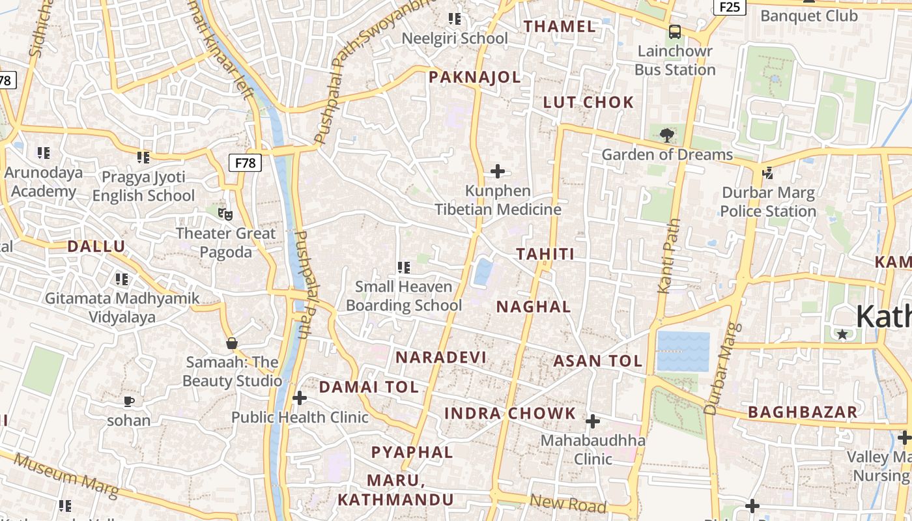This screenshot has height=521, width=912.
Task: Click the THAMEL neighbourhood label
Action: click(x=560, y=27)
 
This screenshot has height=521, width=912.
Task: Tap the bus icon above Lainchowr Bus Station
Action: click(x=675, y=31)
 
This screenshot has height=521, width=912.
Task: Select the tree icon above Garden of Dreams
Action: click(x=666, y=135)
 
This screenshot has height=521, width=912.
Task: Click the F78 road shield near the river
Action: click(x=245, y=163)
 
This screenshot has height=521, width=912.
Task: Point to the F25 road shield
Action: click(x=730, y=7)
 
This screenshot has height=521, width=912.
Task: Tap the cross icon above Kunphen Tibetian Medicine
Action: click(x=498, y=171)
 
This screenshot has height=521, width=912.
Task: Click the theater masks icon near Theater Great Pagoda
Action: click(x=225, y=214)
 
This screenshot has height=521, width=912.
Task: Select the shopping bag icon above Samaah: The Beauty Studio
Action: click(x=231, y=343)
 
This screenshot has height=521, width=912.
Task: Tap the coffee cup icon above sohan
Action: click(x=128, y=401)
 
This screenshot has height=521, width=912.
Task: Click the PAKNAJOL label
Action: click(x=475, y=77)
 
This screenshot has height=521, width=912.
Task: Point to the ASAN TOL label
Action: click(x=598, y=361)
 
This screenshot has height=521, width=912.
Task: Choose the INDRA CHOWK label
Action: click(x=510, y=414)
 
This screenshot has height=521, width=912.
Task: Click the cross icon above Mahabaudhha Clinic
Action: click(x=592, y=421)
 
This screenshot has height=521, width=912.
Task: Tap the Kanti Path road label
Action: click(x=669, y=256)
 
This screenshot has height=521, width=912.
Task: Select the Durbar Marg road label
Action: click(x=722, y=369)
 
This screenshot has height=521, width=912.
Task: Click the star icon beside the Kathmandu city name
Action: click(x=842, y=334)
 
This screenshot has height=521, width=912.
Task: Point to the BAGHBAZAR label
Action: click(x=803, y=412)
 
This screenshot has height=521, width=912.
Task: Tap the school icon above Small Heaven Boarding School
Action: click(x=403, y=267)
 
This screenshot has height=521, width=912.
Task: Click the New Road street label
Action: click(x=568, y=503)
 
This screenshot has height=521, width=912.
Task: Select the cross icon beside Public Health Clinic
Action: click(x=300, y=398)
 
